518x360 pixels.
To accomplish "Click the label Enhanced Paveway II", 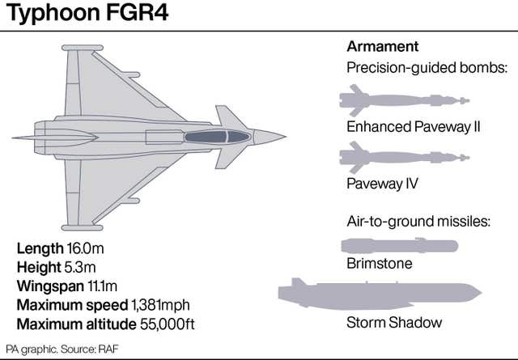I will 413,127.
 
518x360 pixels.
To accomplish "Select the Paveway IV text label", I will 382,184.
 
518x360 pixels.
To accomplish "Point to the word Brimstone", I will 380,263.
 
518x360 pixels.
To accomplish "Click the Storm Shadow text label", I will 394,323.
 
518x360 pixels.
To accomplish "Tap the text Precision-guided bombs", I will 427,69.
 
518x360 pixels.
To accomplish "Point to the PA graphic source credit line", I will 61,349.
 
